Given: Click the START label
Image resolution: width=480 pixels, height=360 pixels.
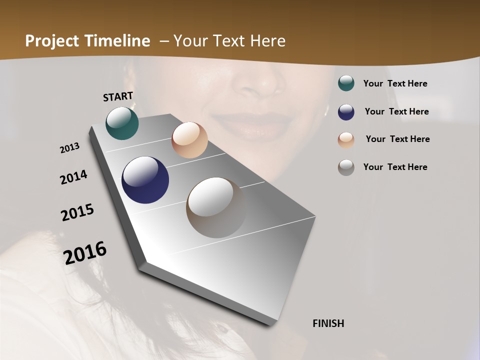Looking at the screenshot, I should pos(118,96).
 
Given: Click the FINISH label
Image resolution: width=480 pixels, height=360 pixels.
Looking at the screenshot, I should pos(328,323).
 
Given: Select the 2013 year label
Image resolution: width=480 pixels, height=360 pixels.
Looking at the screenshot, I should pos(70,148).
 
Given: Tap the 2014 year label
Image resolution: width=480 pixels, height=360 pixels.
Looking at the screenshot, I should pos(74,177).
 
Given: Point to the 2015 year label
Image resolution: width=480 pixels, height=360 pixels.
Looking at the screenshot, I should pos(77,212).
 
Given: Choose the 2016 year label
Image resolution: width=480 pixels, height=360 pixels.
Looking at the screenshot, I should pos(85,253).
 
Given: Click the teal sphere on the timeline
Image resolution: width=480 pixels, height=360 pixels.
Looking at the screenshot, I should pos(122,123).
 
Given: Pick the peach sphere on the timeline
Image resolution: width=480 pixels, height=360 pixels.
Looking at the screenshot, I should pos(189,140).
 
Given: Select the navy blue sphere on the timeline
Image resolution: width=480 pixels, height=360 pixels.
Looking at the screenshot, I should pos(145,180).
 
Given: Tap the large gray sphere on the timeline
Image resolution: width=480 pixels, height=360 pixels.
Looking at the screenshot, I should pos(216,207).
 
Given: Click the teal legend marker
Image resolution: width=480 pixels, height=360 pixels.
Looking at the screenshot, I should pos(346,83).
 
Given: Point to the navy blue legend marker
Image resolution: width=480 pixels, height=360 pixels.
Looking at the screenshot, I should pos(346,111).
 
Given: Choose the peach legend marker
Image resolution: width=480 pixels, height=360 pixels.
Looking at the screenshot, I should pos(346,139).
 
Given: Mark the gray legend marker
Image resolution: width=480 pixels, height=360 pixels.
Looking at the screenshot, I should pos(346,167).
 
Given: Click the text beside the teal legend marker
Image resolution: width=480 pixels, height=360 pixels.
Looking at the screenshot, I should pos(395,83).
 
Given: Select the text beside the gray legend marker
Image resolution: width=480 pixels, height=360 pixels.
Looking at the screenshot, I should pos(395,167).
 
